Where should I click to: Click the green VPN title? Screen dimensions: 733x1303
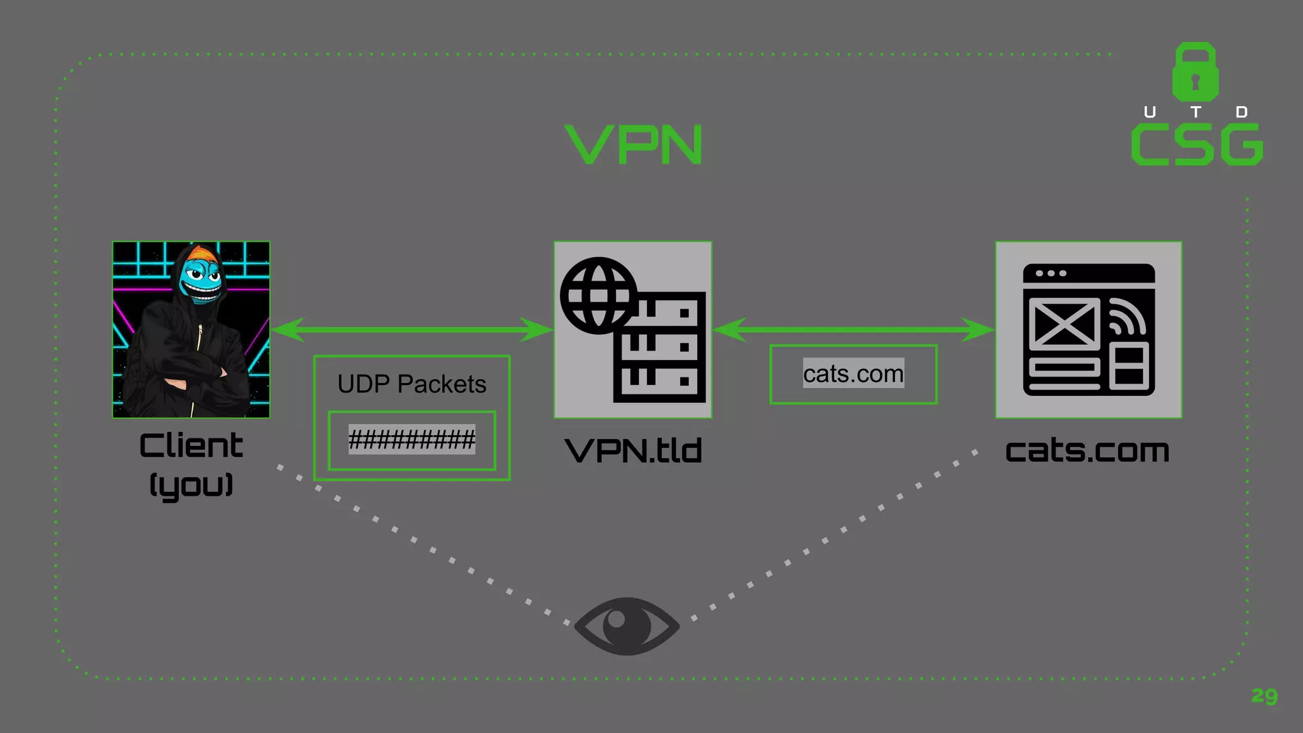click(634, 145)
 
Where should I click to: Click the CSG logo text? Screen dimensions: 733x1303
click(1197, 145)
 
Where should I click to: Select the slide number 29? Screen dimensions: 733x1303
click(1264, 695)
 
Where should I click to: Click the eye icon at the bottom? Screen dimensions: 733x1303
click(627, 626)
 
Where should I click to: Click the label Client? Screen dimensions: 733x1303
click(191, 445)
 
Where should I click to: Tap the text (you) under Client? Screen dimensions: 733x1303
click(191, 485)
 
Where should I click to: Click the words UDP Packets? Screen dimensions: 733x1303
click(412, 384)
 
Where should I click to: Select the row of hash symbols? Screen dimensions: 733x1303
click(412, 439)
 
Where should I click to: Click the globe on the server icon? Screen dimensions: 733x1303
click(598, 295)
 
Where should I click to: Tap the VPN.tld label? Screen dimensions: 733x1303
click(633, 450)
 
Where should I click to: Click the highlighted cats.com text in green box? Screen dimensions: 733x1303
click(853, 373)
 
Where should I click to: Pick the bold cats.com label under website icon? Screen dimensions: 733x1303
click(1087, 450)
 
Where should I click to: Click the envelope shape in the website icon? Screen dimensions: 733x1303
click(1064, 323)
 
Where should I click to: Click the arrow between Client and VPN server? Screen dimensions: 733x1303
click(412, 330)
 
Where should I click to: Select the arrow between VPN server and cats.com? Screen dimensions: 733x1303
click(853, 330)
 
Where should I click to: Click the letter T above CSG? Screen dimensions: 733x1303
click(1195, 112)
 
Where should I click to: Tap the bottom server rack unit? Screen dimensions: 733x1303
click(659, 382)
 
